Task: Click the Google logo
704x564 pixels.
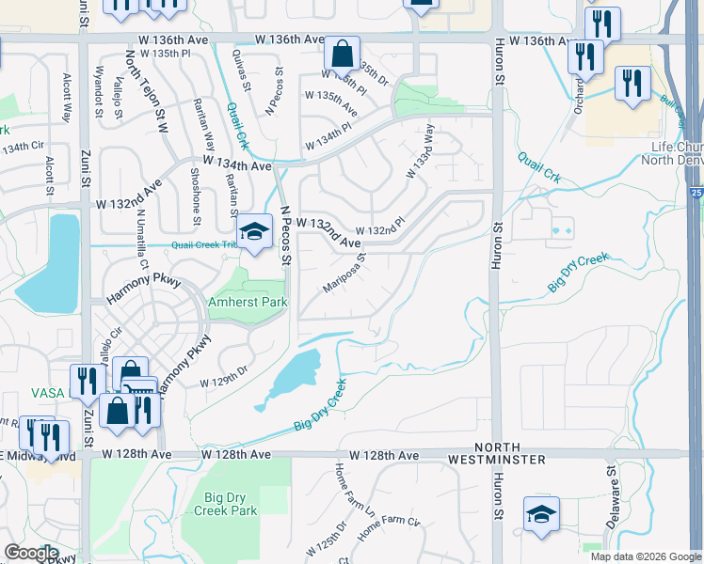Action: coord(31,553)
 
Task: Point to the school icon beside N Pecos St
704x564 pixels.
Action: coord(253,232)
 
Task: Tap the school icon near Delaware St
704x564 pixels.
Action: coord(541,513)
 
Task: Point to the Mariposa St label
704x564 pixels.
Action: coord(344,272)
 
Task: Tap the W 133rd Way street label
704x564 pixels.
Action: coord(419,151)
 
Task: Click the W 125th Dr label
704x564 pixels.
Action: coord(328,547)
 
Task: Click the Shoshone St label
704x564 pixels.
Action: coord(196,196)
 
